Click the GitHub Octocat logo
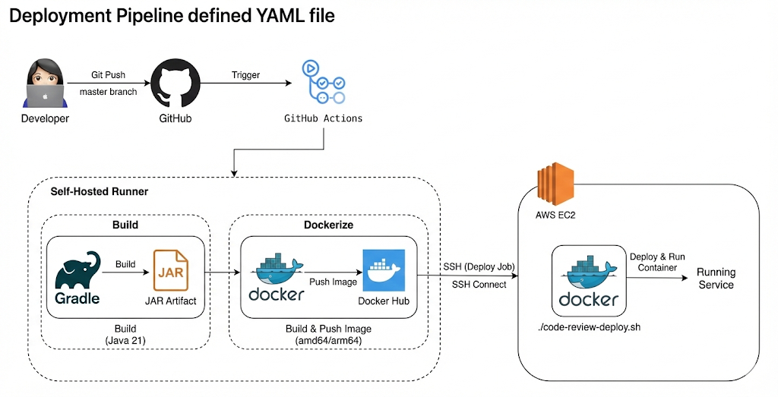click(x=175, y=85)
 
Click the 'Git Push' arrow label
click(x=109, y=75)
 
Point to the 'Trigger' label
click(x=245, y=75)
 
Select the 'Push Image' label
click(x=333, y=281)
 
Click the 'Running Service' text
click(x=716, y=279)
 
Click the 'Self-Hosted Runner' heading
click(x=99, y=192)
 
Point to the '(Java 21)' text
click(x=125, y=341)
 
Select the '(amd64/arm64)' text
click(x=328, y=341)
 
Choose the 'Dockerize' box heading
click(x=328, y=225)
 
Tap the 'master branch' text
click(x=109, y=93)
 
